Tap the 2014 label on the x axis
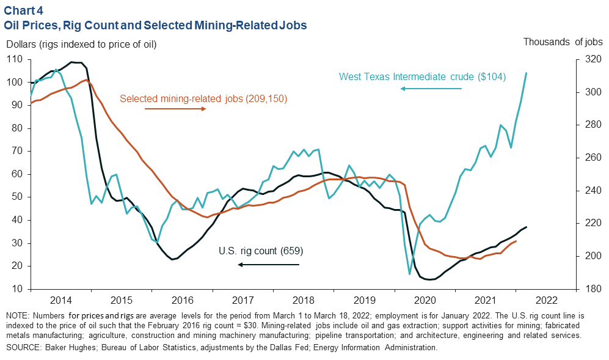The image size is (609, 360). (60, 300)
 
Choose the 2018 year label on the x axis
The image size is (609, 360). (303, 300)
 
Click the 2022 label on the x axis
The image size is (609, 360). (545, 300)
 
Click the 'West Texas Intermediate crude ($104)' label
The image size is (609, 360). (422, 76)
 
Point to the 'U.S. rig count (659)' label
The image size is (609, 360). (261, 251)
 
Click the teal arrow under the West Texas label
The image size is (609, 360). (431, 89)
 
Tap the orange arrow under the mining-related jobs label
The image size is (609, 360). (176, 109)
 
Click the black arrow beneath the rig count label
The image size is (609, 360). (269, 264)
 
